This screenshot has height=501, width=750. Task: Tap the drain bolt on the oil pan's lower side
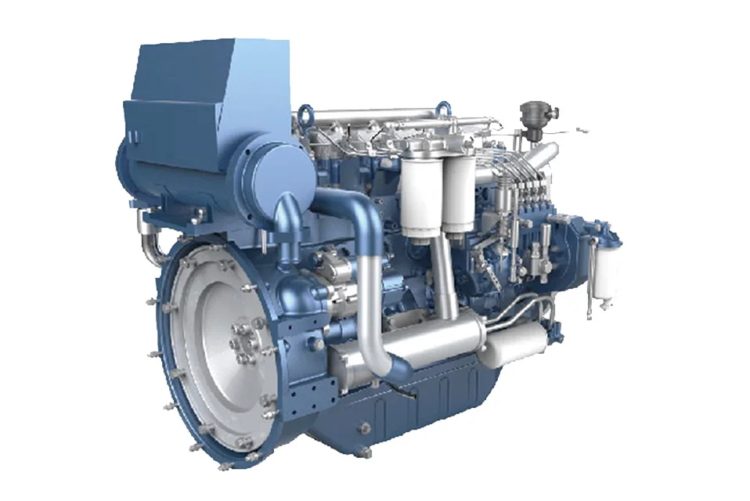tap(363, 427)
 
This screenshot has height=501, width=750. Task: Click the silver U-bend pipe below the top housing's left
tap(150, 242)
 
